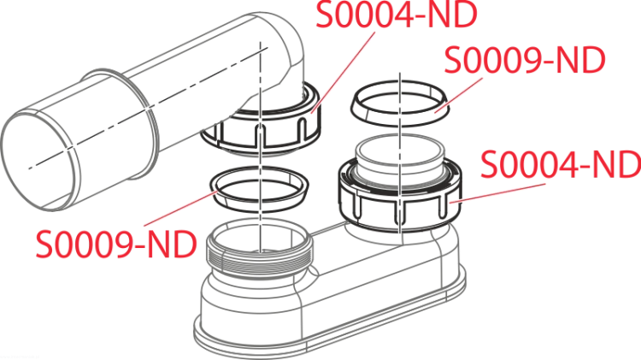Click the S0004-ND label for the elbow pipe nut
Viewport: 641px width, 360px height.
click(x=397, y=15)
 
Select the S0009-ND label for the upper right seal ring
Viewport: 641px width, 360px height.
click(x=525, y=60)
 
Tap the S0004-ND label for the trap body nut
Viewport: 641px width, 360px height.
click(x=561, y=164)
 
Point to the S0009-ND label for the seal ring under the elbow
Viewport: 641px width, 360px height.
click(x=116, y=244)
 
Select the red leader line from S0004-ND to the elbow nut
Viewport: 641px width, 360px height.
click(x=343, y=73)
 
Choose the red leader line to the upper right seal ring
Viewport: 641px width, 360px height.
click(x=458, y=95)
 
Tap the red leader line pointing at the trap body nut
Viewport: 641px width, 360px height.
click(x=497, y=193)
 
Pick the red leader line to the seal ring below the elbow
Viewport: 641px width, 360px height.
click(x=178, y=209)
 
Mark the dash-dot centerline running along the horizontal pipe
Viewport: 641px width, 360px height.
click(x=148, y=107)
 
